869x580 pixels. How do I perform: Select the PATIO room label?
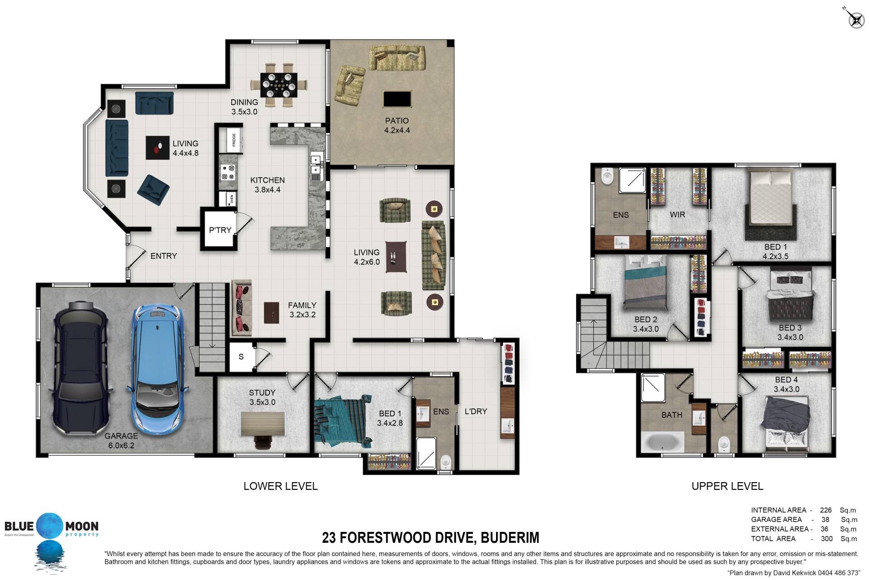tap(396, 126)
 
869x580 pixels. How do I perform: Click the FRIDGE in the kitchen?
tap(229, 140)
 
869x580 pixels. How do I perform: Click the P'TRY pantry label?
tap(220, 230)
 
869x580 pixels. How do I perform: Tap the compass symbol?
tap(855, 19)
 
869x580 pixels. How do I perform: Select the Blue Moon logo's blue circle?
tap(51, 526)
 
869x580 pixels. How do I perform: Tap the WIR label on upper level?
tap(677, 215)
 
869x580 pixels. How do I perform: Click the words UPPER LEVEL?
tap(727, 486)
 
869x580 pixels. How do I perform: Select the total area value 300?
tap(826, 539)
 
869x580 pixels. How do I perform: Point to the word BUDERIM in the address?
tap(510, 538)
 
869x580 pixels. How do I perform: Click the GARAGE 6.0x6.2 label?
tap(121, 440)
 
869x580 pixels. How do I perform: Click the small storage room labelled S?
tap(241, 357)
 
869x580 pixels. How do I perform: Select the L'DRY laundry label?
tap(476, 411)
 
